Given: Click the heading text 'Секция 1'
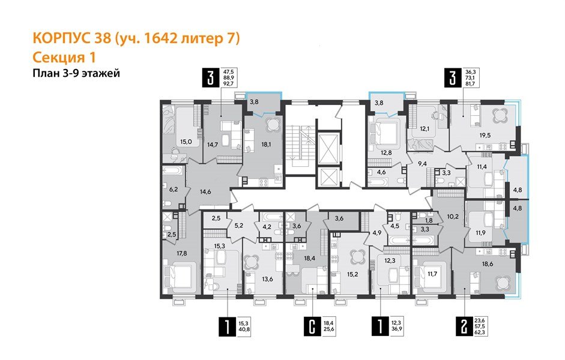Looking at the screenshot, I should [x=63, y=57].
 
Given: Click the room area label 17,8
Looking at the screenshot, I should [x=174, y=253].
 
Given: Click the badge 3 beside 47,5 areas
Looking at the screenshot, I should [x=210, y=79].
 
